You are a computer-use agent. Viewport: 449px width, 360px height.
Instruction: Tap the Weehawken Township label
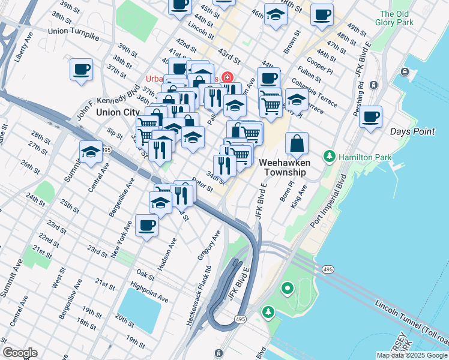tap(283, 167)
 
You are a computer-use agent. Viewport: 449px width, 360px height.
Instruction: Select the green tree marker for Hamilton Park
tap(329, 157)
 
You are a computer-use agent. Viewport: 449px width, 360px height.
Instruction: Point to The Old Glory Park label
tap(397, 18)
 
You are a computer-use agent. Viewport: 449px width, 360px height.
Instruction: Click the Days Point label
tap(412, 131)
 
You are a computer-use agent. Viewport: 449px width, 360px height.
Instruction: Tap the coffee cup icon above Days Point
tap(371, 116)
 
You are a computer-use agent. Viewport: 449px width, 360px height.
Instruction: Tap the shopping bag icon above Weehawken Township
tap(297, 145)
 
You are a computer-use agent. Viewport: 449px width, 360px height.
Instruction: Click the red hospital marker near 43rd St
tap(227, 77)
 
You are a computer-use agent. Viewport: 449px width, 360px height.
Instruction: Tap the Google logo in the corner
tap(20, 353)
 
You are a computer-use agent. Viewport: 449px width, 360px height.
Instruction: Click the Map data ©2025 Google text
tap(412, 355)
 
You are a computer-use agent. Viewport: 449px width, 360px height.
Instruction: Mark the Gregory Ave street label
tap(209, 246)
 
